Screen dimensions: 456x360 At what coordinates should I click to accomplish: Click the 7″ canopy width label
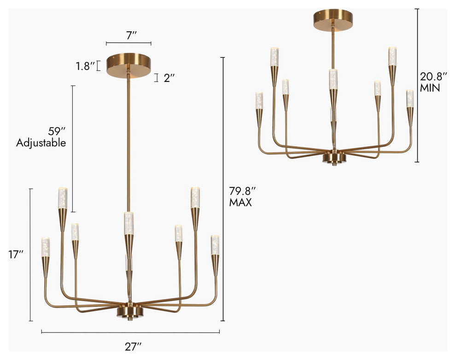tap(132, 35)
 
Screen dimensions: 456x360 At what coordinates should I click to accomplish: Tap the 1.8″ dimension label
tap(85, 67)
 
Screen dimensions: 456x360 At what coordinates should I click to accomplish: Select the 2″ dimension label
tap(169, 78)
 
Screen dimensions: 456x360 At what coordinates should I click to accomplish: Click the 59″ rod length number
tap(56, 131)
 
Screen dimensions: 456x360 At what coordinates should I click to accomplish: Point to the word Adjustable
tap(41, 143)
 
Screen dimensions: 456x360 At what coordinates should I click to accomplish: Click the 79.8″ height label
tap(243, 191)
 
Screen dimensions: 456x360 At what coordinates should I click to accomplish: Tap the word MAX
tap(240, 203)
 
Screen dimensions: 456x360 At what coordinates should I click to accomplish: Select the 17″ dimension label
tap(16, 255)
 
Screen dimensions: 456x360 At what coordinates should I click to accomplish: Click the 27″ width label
tap(133, 346)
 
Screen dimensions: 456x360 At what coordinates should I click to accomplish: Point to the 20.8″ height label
tap(433, 77)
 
